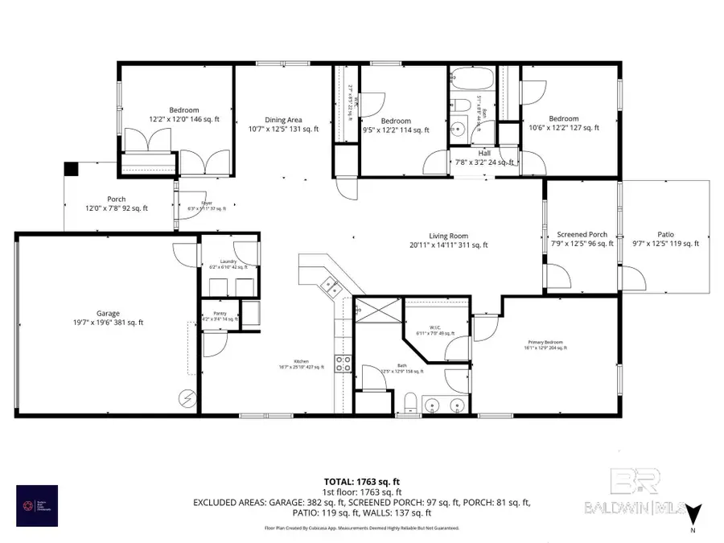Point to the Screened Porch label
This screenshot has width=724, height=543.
[x=582, y=234]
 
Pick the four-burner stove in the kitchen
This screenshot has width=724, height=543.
[x=343, y=364]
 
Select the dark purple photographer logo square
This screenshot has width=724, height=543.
[x=37, y=505]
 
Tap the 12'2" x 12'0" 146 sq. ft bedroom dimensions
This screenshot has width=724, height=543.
[x=179, y=117]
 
